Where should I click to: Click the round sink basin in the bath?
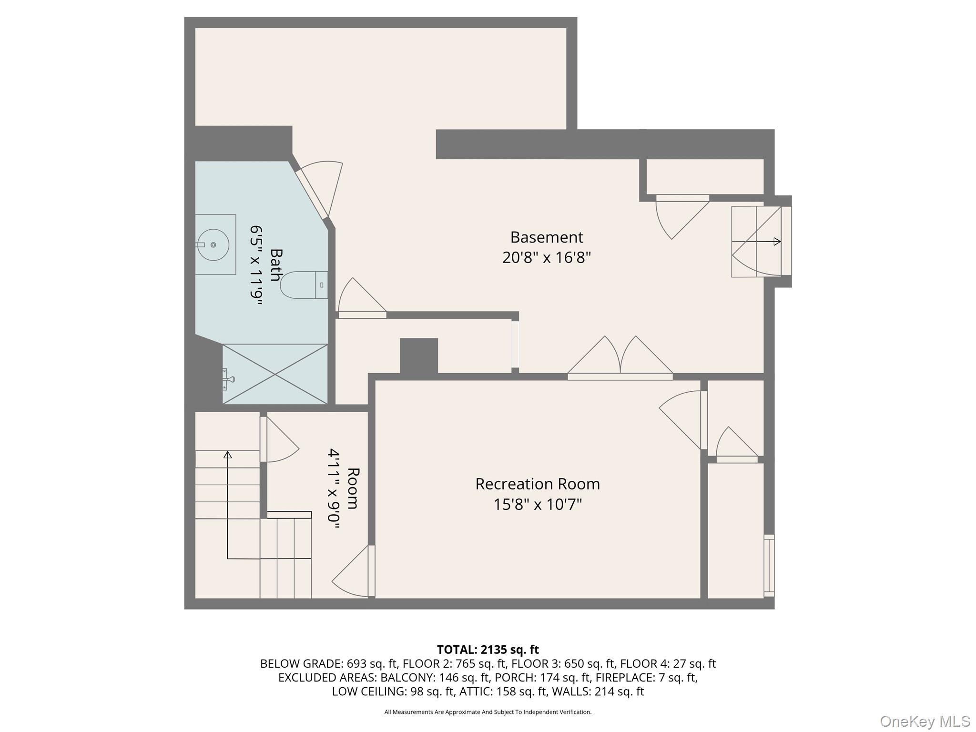pos(213,245)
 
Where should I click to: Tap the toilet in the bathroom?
pos(304,285)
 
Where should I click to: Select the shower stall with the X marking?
pos(275,374)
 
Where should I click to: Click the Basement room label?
pos(547,237)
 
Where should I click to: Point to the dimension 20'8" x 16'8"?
pos(547,258)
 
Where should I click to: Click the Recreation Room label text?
pos(538,484)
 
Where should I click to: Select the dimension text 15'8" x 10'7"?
pos(538,504)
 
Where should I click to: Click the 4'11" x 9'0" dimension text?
pos(334,488)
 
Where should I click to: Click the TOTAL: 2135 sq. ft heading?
pos(488,649)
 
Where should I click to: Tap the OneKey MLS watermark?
pos(925,721)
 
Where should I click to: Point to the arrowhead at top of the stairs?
pos(228,455)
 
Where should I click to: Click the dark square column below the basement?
pos(418,356)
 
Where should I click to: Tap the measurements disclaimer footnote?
pos(488,712)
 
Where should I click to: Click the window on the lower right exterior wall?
pos(769,566)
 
